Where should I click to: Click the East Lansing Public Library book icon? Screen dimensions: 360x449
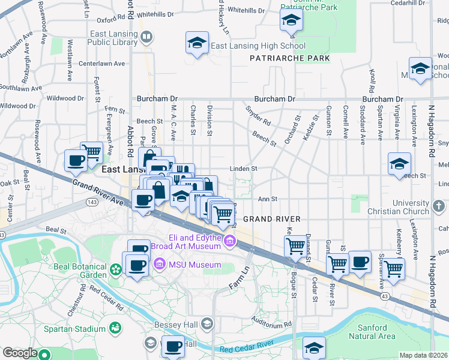click(x=146, y=38)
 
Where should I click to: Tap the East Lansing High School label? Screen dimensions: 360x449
click(x=258, y=46)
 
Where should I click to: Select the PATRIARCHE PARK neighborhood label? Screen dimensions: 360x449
click(x=290, y=58)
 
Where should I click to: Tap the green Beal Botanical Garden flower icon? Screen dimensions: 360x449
click(x=115, y=271)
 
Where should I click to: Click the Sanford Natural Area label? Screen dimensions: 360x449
click(x=376, y=332)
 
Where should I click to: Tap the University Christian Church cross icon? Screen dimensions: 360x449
click(x=439, y=207)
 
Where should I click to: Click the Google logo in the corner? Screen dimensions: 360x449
click(x=20, y=353)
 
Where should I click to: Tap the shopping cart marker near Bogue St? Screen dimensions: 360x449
click(x=295, y=247)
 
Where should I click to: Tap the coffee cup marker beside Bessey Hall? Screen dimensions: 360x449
click(x=173, y=347)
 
